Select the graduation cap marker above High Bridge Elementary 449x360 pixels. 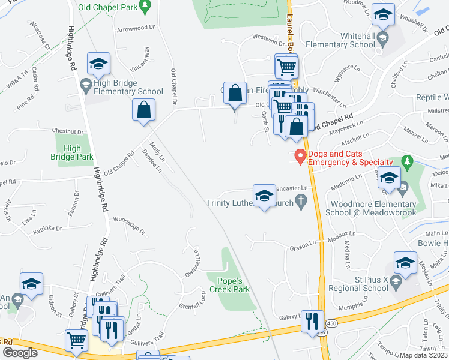pos(99,64)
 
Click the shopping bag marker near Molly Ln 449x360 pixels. pos(143,110)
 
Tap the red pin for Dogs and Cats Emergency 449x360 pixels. pos(300,158)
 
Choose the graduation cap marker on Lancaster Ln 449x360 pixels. pos(264,196)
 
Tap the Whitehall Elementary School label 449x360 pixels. pos(357,40)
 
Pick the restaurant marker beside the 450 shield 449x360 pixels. pos(312,320)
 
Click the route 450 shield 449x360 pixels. pos(332,323)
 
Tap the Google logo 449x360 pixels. pos(20,353)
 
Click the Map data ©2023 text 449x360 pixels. pos(424,355)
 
